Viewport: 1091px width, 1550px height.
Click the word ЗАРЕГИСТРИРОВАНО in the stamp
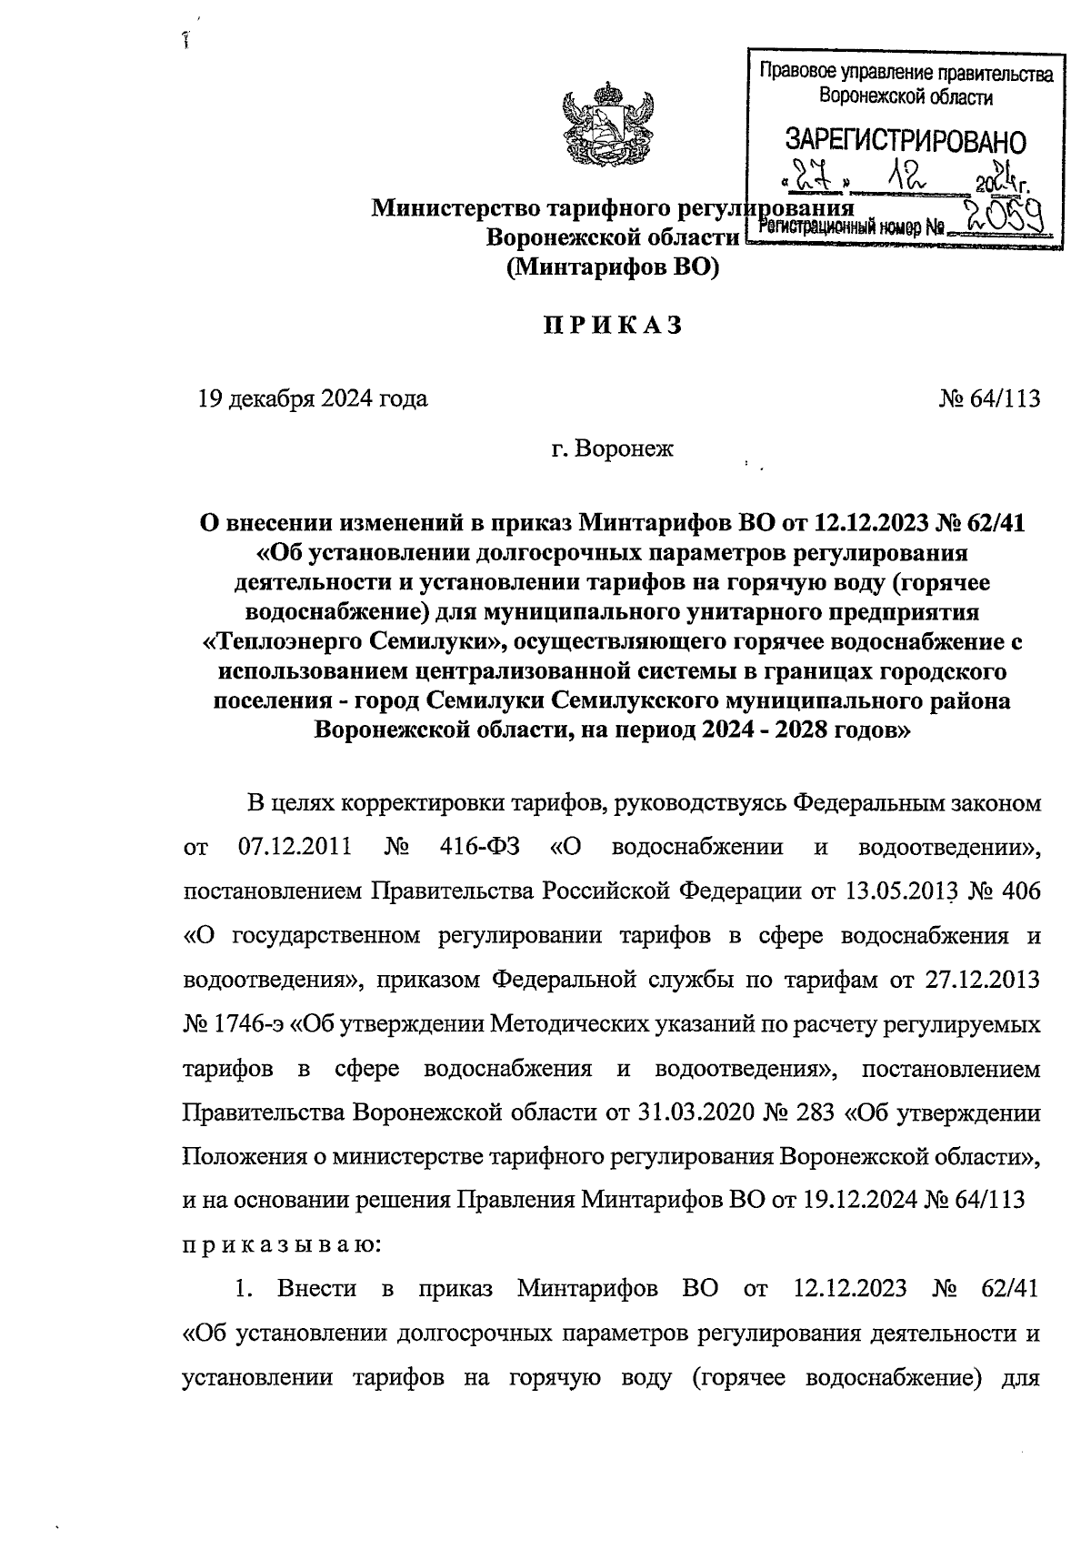905,142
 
